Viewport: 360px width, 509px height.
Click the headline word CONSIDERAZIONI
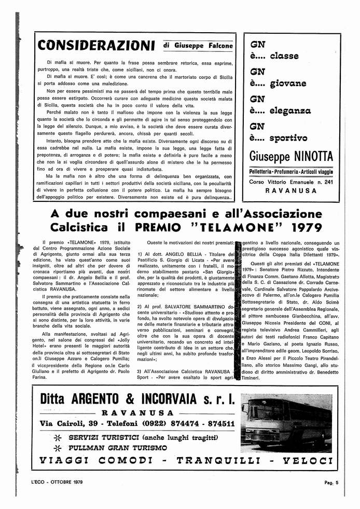tap(96, 45)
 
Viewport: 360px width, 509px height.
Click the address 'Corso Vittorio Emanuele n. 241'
tap(292, 182)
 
